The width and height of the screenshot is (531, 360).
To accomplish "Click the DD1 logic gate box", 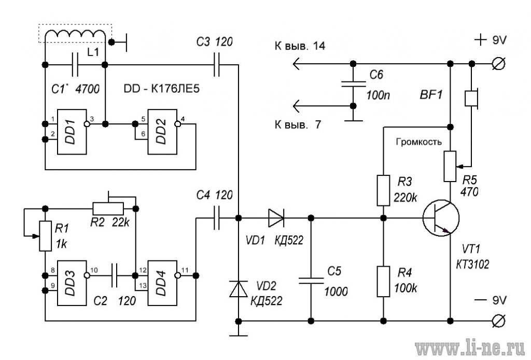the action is click(72, 132).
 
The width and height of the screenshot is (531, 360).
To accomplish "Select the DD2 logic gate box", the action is click(162, 132).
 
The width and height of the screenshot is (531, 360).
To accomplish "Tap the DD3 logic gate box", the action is click(72, 283).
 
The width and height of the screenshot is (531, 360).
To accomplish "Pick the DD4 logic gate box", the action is click(162, 283).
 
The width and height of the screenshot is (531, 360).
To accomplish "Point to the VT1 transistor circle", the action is click(441, 218).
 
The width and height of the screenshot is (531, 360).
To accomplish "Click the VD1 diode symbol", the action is click(276, 218).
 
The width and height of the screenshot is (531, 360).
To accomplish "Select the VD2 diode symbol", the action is click(239, 289).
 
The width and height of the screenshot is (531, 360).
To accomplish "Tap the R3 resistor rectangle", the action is click(383, 190).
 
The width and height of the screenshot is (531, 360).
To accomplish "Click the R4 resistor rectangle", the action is click(383, 282).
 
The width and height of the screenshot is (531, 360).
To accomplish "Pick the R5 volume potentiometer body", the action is click(450, 167).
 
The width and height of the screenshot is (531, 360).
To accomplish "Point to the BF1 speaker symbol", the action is click(471, 99).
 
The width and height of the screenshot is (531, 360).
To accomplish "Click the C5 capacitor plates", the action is click(311, 281).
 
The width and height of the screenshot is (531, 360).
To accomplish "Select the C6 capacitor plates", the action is click(353, 84).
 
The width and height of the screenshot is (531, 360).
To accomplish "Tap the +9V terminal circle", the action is click(499, 64).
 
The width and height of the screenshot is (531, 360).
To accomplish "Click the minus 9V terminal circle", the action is click(499, 321).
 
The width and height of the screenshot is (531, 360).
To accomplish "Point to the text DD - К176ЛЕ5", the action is click(162, 89).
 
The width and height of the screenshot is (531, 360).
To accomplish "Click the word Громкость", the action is click(419, 142).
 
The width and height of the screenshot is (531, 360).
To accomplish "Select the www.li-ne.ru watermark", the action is click(470, 349).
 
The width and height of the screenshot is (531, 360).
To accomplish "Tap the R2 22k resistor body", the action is click(108, 209).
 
